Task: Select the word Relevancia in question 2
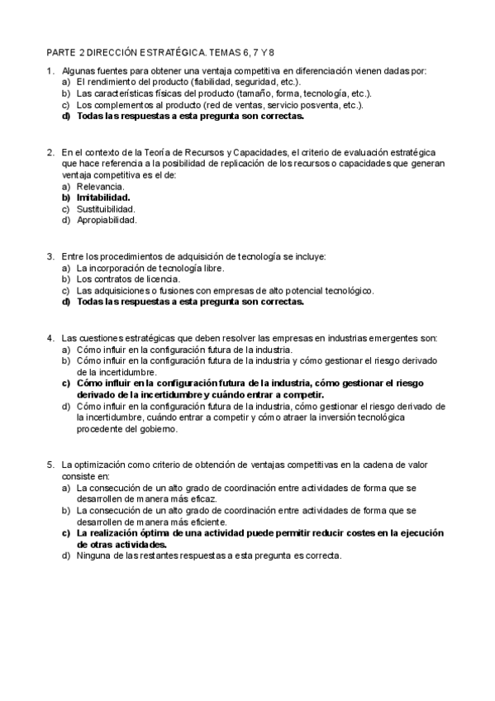(x=101, y=187)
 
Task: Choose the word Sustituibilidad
(x=106, y=209)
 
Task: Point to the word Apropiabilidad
(x=107, y=220)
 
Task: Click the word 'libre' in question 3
(x=212, y=269)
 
